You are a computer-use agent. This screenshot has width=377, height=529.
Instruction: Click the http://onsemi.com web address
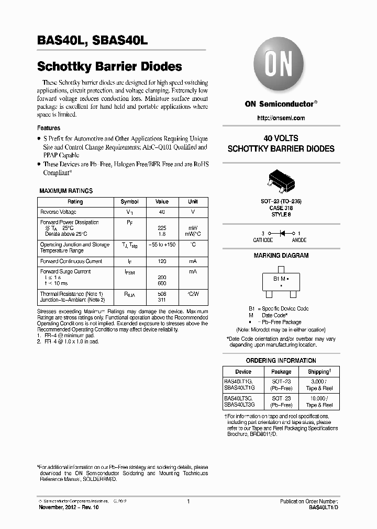tap(281, 118)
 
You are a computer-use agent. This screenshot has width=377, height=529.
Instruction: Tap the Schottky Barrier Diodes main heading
tap(109, 67)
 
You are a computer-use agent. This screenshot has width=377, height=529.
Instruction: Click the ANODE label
tap(299, 240)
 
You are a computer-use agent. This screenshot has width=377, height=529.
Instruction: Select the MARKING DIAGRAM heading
tap(281, 256)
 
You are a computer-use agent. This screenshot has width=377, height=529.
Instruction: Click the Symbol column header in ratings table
tap(129, 202)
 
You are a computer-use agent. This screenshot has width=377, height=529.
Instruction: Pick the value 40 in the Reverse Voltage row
tap(162, 212)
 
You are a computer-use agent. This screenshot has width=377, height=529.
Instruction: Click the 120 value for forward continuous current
tap(162, 261)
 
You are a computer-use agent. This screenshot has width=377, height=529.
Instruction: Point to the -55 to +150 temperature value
tap(162, 245)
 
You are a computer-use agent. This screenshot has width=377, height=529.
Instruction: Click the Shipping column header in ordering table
tap(318, 372)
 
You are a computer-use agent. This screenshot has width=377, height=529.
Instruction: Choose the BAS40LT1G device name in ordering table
tap(239, 382)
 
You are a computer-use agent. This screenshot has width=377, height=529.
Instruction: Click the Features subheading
tap(48, 128)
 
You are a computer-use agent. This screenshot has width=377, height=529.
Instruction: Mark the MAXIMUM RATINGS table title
tap(66, 191)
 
